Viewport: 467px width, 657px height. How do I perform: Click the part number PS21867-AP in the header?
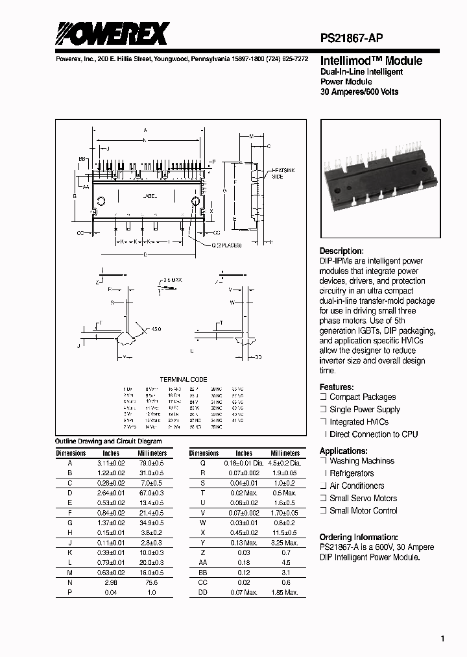pos(355,39)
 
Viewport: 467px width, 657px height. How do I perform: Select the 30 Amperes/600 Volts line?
pos(359,92)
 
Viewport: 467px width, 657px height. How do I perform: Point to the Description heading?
pos(342,251)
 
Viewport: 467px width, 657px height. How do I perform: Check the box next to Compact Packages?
pos(323,397)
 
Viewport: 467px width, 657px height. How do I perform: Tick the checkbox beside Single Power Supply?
pos(323,410)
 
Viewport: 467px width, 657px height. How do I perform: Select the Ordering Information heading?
pos(359,537)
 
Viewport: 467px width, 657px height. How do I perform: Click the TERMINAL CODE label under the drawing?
pos(184,379)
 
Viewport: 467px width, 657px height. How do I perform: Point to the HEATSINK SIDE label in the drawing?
pos(277,173)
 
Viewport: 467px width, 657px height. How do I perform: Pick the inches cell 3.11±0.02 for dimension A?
pos(111,464)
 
